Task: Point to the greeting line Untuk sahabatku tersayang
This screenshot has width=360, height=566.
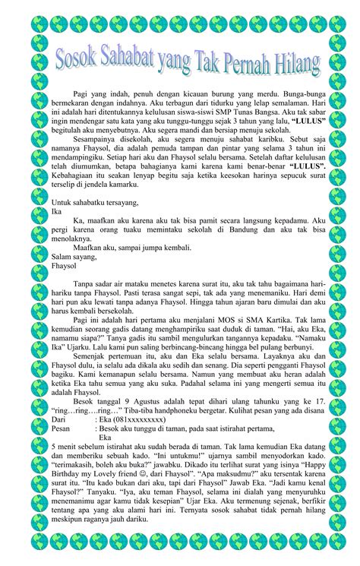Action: tap(95, 203)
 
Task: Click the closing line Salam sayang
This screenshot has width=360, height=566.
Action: tap(75, 255)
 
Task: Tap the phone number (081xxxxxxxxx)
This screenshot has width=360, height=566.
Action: tap(137, 419)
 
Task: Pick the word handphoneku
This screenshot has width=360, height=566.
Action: tap(182, 409)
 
